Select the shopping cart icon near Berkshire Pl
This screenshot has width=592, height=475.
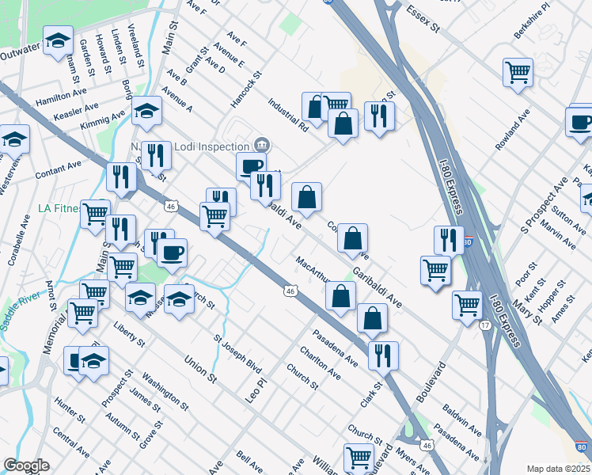(x=518, y=72)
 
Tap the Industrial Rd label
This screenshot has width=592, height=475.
(x=287, y=114)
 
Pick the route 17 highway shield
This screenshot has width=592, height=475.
(x=484, y=325)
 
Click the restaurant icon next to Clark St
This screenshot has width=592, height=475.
(x=383, y=355)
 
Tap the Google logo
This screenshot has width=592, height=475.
(x=26, y=465)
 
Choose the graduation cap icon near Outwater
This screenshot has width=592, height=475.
(x=58, y=41)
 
